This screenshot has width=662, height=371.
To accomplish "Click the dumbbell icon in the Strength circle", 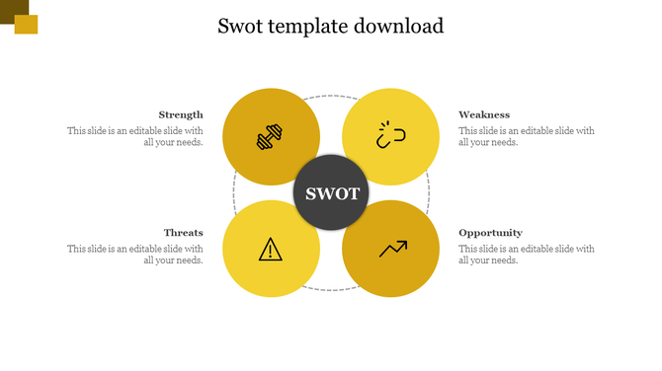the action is tap(271, 137).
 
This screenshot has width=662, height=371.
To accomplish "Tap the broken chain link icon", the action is tap(390, 136).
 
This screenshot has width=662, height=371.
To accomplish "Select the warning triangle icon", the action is tap(271, 249).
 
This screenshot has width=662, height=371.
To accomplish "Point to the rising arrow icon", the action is tap(392, 249).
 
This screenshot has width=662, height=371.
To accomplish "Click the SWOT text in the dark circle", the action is tap(332, 193).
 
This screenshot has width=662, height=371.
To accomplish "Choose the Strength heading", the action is tap(181, 114).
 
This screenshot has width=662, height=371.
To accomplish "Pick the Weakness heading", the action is tap(484, 114).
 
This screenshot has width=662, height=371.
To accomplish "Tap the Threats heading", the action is tap(184, 233).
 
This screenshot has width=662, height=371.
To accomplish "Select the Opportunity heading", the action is tap(490, 233).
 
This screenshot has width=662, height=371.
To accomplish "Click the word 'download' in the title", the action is tap(396, 26).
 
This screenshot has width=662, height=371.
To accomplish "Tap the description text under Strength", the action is tap(135, 136).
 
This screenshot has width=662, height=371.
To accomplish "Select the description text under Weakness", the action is tap(527, 136).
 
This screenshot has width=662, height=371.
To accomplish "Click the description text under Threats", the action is tap(135, 255).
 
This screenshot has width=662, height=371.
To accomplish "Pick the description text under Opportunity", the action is tap(527, 255).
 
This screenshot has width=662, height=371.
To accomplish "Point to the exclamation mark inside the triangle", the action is tap(271, 251).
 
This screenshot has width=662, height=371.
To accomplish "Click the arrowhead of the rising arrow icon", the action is tap(403, 242).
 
